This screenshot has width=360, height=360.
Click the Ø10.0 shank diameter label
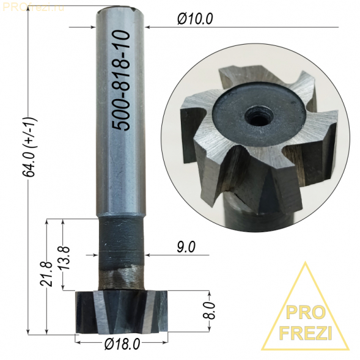[x=195, y=19]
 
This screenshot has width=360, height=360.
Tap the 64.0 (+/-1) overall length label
[x=30, y=147]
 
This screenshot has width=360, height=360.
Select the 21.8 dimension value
[x=46, y=274]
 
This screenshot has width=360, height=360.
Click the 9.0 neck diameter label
[x=186, y=247]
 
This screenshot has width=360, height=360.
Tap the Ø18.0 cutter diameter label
[x=122, y=344]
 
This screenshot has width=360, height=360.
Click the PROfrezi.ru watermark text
[x=33, y=7]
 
